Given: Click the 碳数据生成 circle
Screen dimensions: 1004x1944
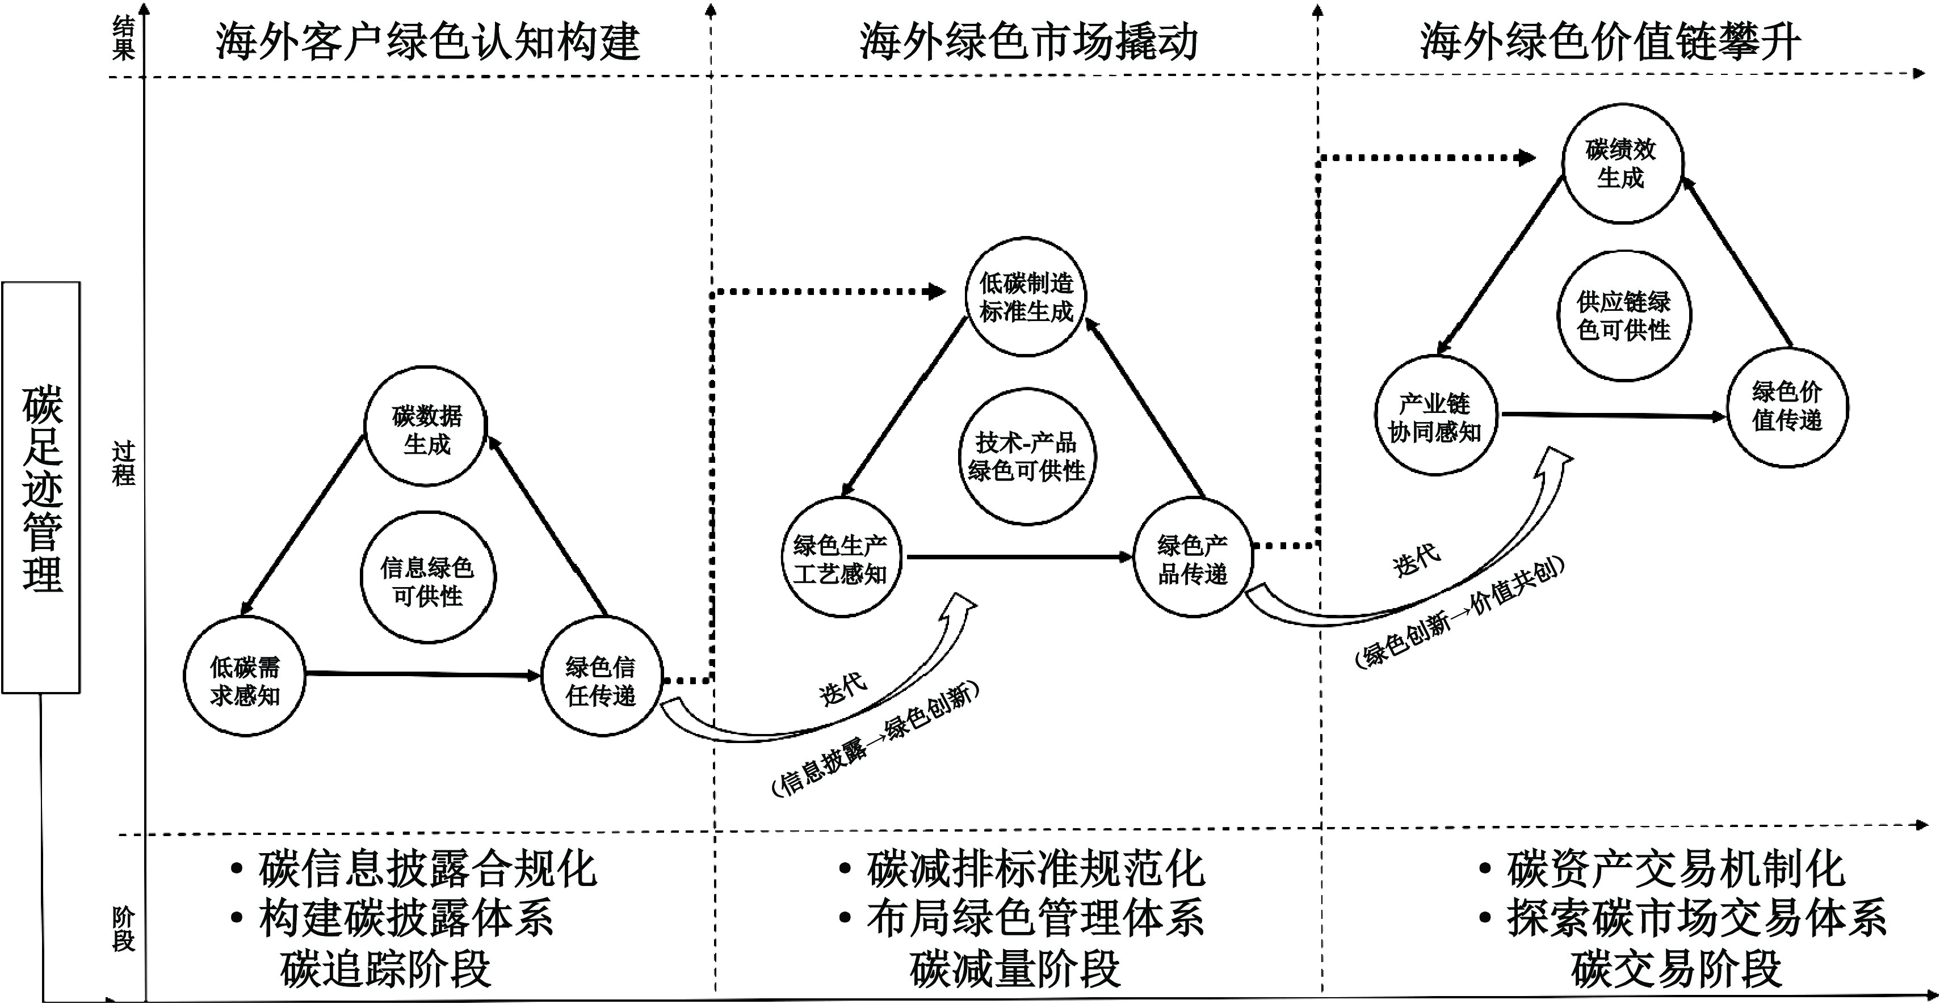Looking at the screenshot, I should [x=426, y=429].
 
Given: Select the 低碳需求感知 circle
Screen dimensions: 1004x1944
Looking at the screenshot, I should [x=245, y=681].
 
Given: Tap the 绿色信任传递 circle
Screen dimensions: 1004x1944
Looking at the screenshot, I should [x=602, y=681].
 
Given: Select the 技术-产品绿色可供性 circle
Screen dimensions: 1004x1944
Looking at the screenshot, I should [x=1027, y=457].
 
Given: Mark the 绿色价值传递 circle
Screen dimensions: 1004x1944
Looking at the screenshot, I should [x=1787, y=407].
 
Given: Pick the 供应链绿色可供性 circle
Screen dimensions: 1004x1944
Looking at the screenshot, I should [x=1624, y=315].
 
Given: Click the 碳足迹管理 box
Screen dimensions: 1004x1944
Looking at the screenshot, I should [x=41, y=487].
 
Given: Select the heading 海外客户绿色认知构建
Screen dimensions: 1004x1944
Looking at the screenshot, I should [x=428, y=41].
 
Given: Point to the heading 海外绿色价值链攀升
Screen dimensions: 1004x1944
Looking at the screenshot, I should [x=1610, y=41].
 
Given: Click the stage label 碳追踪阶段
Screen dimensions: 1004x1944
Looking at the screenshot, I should [x=385, y=970].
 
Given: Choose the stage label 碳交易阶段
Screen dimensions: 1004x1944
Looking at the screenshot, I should [x=1676, y=970].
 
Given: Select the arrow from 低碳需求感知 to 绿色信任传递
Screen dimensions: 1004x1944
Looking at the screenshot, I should [x=423, y=674].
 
